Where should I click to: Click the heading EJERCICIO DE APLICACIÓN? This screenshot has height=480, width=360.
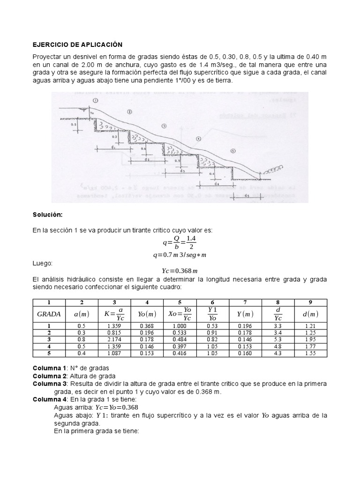click(77, 45)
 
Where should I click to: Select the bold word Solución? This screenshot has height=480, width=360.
click(48, 214)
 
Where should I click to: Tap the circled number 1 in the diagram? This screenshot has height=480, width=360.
click(96, 100)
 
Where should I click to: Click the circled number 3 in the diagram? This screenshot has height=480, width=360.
click(164, 126)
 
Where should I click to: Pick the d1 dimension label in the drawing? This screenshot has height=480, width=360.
click(114, 147)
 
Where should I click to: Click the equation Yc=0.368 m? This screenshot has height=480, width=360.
click(180, 270)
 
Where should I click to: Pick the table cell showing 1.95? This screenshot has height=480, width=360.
click(311, 339)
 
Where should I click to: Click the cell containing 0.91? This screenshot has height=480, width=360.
click(212, 333)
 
